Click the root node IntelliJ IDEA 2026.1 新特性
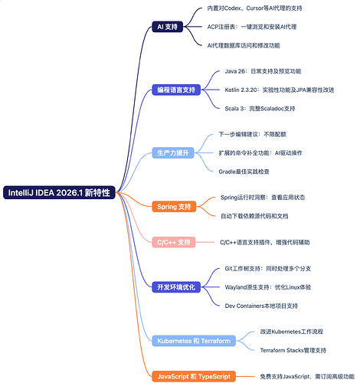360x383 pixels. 59,192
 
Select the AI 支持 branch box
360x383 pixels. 168,27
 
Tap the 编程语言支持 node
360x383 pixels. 176,90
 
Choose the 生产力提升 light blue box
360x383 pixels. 173,152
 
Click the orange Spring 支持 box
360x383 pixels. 174,207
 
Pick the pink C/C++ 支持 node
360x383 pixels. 174,242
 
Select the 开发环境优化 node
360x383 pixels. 176,287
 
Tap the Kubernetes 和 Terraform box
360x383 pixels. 194,341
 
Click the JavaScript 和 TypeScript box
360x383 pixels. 194,376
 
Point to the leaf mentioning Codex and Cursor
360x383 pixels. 254,8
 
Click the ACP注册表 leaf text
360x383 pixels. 252,27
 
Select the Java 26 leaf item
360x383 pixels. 263,71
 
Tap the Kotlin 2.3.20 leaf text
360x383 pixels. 280,90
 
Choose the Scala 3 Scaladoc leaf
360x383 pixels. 260,109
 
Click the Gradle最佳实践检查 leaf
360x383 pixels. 244,172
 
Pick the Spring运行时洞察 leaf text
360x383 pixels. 263,198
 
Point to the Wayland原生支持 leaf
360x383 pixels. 268,287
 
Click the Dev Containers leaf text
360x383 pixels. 261,306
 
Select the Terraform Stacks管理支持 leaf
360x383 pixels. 293,350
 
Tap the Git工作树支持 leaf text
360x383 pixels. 268,269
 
